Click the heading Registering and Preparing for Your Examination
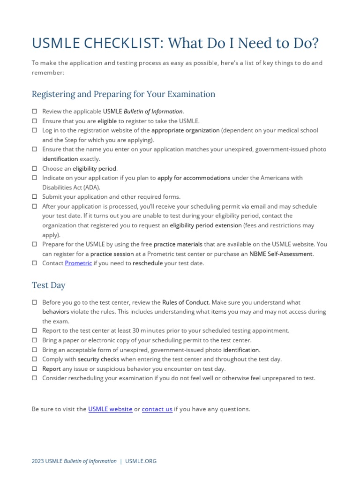point(123,94)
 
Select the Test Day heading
point(49,285)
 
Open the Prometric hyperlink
point(78,263)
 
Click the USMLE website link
point(110,409)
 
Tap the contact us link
point(157,409)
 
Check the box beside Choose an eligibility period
point(35,168)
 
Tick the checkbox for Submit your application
point(35,197)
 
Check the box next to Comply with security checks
point(35,360)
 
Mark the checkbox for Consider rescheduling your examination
point(35,378)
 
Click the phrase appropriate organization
point(186,130)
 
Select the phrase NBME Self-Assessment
point(280,254)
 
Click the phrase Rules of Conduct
point(185,303)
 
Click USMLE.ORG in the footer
point(141,461)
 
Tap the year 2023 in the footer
point(38,461)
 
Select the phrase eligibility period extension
point(206,225)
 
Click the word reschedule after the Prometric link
point(148,263)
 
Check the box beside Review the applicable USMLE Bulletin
point(35,112)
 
